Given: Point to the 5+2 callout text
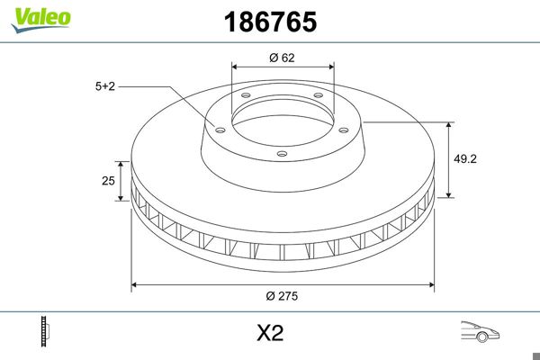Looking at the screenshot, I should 105,86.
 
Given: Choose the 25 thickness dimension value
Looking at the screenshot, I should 108,181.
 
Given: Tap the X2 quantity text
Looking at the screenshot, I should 270,333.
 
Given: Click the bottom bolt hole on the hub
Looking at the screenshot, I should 282,154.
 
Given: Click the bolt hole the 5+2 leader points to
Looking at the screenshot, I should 218,127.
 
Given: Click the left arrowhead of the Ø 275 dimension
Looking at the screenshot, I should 135,285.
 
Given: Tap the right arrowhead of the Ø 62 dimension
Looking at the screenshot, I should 332,67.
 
